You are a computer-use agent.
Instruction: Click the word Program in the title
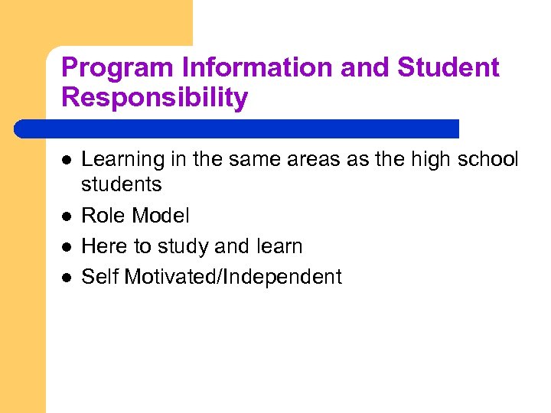pyautogui.click(x=118, y=68)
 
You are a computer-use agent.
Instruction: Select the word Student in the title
pyautogui.click(x=448, y=68)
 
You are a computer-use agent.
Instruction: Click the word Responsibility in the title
pyautogui.click(x=155, y=98)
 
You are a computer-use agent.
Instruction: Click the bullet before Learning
pyautogui.click(x=67, y=160)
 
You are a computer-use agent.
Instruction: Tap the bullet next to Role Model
pyautogui.click(x=67, y=216)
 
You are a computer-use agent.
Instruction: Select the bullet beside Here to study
pyautogui.click(x=67, y=247)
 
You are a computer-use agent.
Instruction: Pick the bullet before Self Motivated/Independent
pyautogui.click(x=67, y=278)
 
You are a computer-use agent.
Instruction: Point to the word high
pyautogui.click(x=415, y=159)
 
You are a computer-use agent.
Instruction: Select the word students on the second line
pyautogui.click(x=122, y=184)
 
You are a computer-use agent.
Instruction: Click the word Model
pyautogui.click(x=161, y=216)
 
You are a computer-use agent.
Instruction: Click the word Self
pyautogui.click(x=99, y=277)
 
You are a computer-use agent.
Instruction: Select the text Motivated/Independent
pyautogui.click(x=233, y=277)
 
